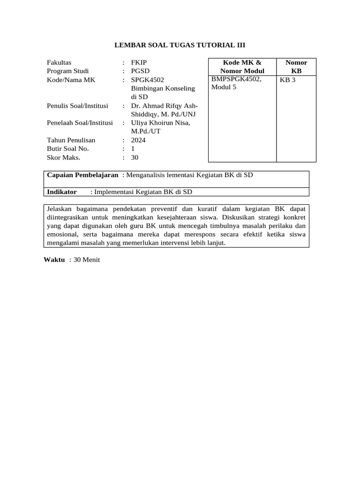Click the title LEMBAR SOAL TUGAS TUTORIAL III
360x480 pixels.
(x=180, y=45)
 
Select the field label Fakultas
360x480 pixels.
(x=59, y=62)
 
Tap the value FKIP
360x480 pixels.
(x=139, y=62)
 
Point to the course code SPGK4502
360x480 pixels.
(x=148, y=80)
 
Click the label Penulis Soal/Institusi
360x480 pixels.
(x=77, y=106)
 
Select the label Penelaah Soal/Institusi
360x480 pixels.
(x=80, y=123)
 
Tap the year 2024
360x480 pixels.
(x=138, y=140)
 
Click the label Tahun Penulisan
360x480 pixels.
(x=71, y=140)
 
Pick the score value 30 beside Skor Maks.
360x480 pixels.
(x=135, y=157)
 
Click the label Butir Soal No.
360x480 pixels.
(x=67, y=149)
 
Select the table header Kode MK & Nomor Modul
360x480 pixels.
(x=242, y=67)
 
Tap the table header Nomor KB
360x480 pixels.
(x=296, y=67)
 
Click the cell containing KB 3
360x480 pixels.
(x=288, y=80)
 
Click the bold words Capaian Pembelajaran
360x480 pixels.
(x=82, y=175)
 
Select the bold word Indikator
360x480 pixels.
(x=62, y=192)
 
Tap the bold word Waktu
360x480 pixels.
(x=54, y=260)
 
